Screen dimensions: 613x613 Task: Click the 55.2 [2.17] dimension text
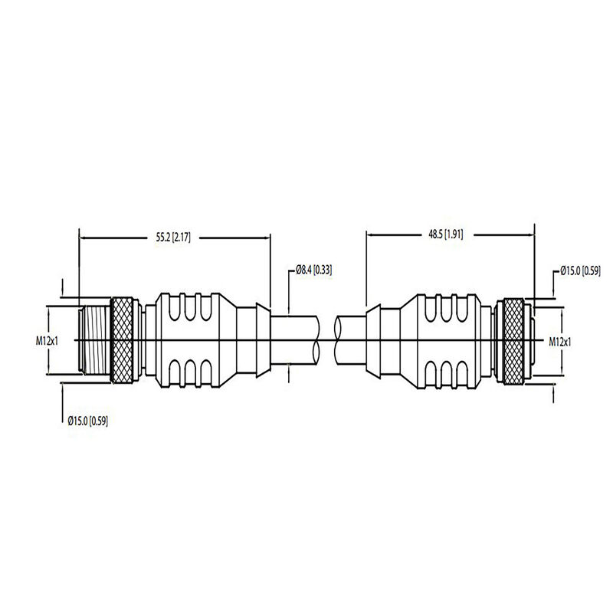pyautogui.click(x=168, y=238)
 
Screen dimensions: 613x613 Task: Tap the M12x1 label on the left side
pyautogui.click(x=48, y=340)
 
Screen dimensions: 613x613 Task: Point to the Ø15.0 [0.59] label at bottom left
pyautogui.click(x=87, y=421)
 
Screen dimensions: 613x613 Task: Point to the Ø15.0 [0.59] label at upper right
pyautogui.click(x=581, y=270)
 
